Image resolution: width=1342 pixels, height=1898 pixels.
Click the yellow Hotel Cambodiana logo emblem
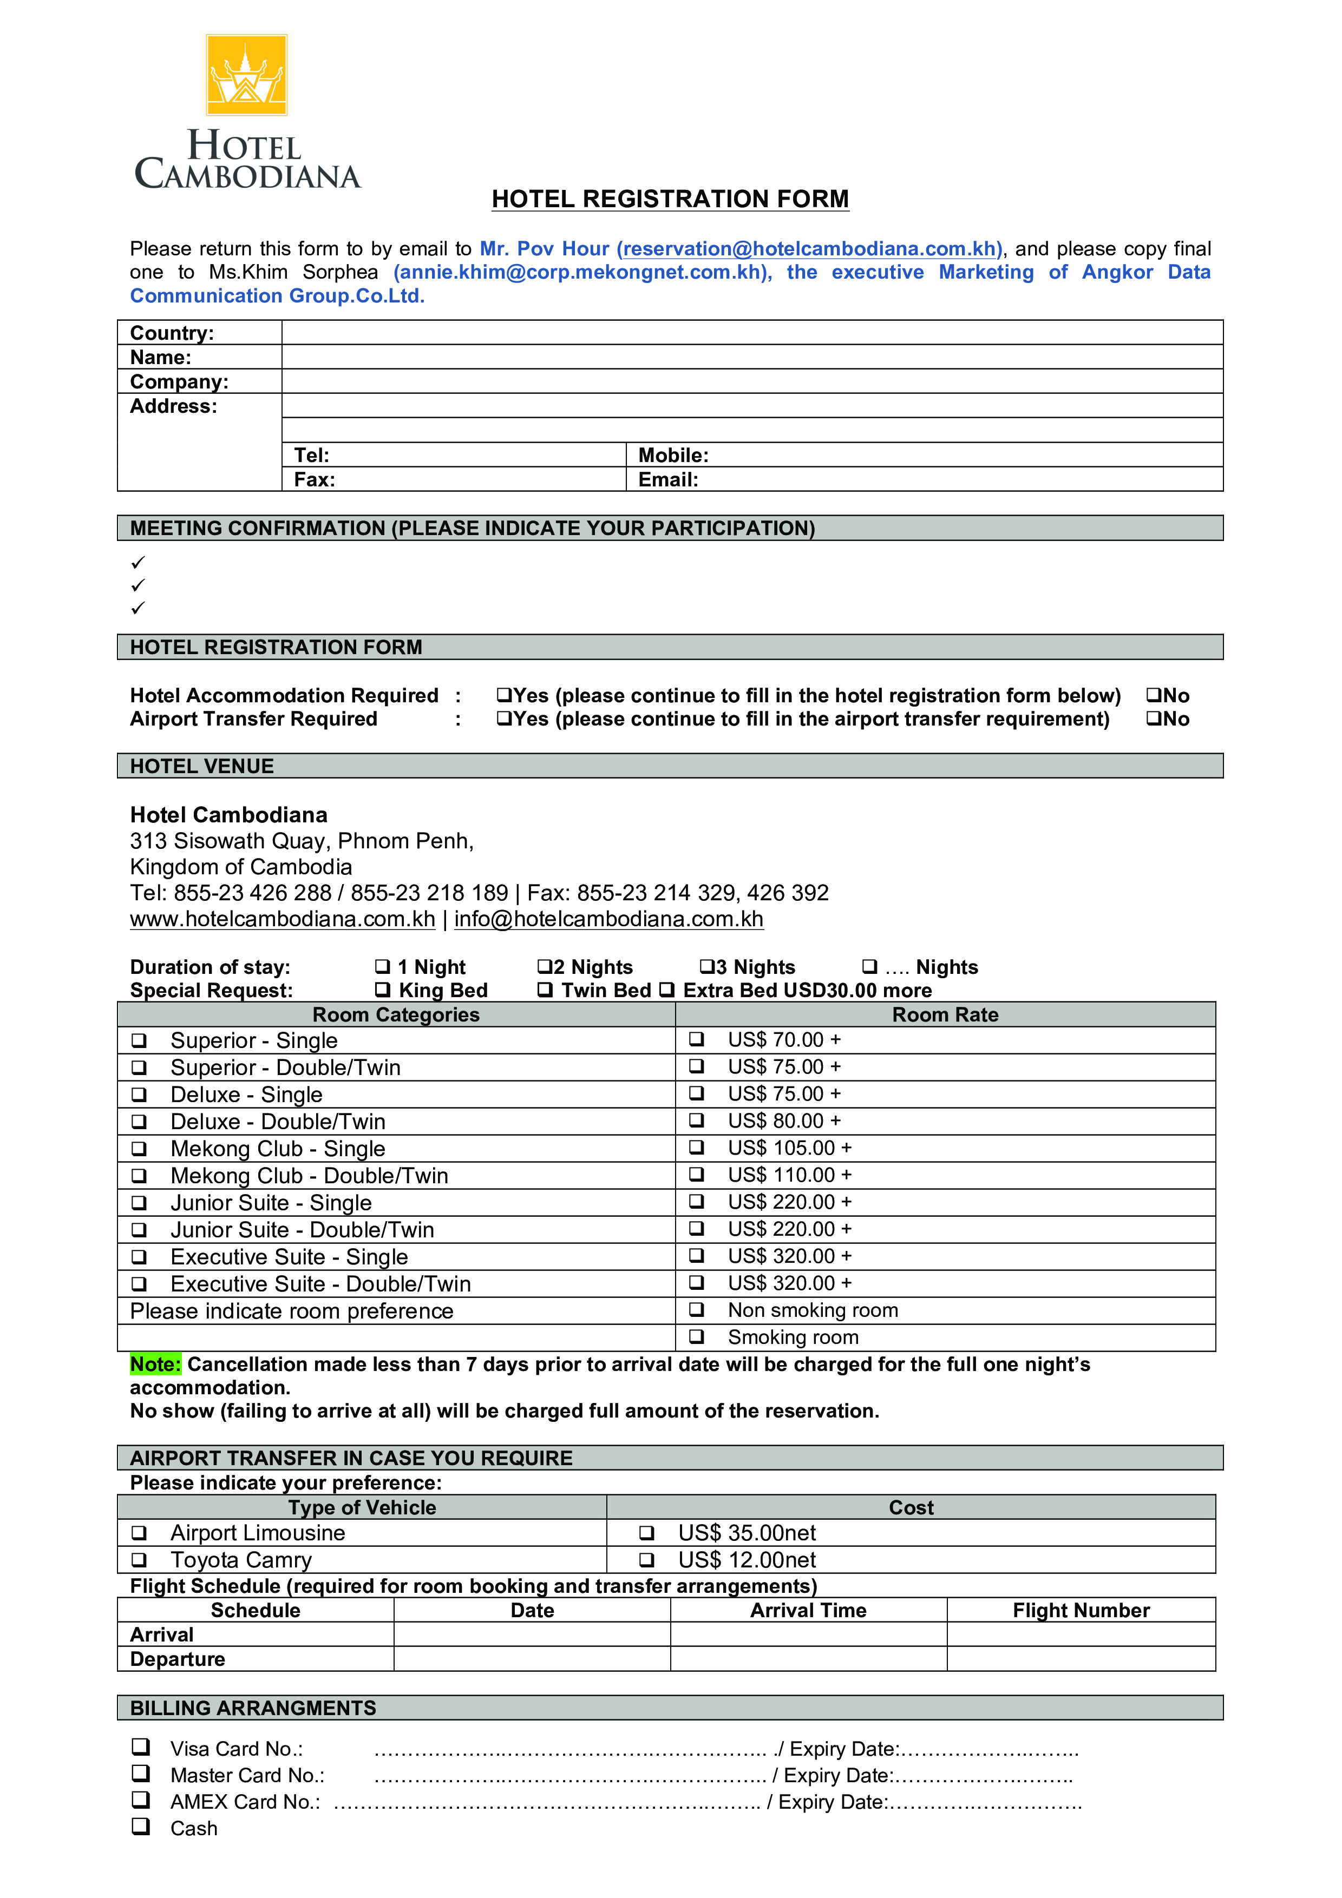coord(246,75)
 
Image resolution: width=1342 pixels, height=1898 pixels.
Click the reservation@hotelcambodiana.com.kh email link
coord(809,249)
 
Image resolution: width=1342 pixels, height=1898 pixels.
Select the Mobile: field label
coord(673,456)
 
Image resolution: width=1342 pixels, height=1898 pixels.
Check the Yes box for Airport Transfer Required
coord(503,719)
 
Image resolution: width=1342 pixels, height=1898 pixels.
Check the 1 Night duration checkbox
coord(382,966)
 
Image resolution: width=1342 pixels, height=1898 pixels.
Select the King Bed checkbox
coord(382,990)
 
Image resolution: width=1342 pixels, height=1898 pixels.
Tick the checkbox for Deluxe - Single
coord(140,1095)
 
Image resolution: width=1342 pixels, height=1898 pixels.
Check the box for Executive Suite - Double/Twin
coord(140,1284)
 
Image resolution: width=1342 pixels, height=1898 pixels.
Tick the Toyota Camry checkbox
coord(140,1560)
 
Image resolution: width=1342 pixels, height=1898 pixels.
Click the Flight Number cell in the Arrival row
coord(1080,1635)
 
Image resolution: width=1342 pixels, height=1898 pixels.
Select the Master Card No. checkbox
coord(141,1773)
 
